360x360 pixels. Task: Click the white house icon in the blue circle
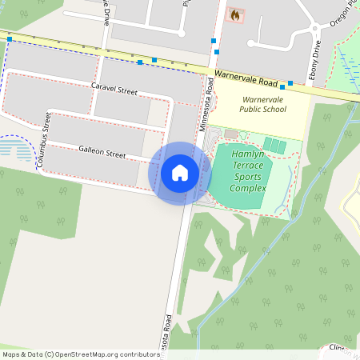pyautogui.click(x=180, y=172)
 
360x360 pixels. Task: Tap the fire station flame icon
pyautogui.click(x=234, y=14)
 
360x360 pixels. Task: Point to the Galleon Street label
pyautogui.click(x=102, y=152)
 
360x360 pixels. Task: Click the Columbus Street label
pyautogui.click(x=45, y=140)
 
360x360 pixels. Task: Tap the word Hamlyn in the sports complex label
pyautogui.click(x=248, y=153)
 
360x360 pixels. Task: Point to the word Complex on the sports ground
pyautogui.click(x=248, y=188)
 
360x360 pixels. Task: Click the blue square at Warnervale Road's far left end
pyautogui.click(x=10, y=38)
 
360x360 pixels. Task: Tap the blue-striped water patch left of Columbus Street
pyautogui.click(x=16, y=149)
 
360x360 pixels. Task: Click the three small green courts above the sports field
pyautogui.click(x=274, y=146)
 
